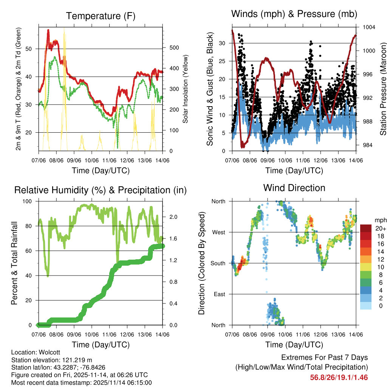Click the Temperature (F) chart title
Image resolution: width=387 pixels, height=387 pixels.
pyautogui.click(x=101, y=16)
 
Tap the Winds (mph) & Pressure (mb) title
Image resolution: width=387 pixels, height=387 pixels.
pyautogui.click(x=294, y=14)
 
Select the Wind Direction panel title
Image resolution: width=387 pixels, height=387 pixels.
pyautogui.click(x=294, y=187)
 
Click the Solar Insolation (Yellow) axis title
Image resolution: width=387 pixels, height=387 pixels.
pyautogui.click(x=185, y=89)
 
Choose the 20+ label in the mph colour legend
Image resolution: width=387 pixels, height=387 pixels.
pyautogui.click(x=380, y=229)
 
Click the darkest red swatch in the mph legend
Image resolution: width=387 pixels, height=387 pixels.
pyautogui.click(x=366, y=229)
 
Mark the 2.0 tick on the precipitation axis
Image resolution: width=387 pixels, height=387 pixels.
pyautogui.click(x=173, y=217)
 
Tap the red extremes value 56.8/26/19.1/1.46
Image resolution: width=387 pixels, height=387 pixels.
pyautogui.click(x=339, y=378)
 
